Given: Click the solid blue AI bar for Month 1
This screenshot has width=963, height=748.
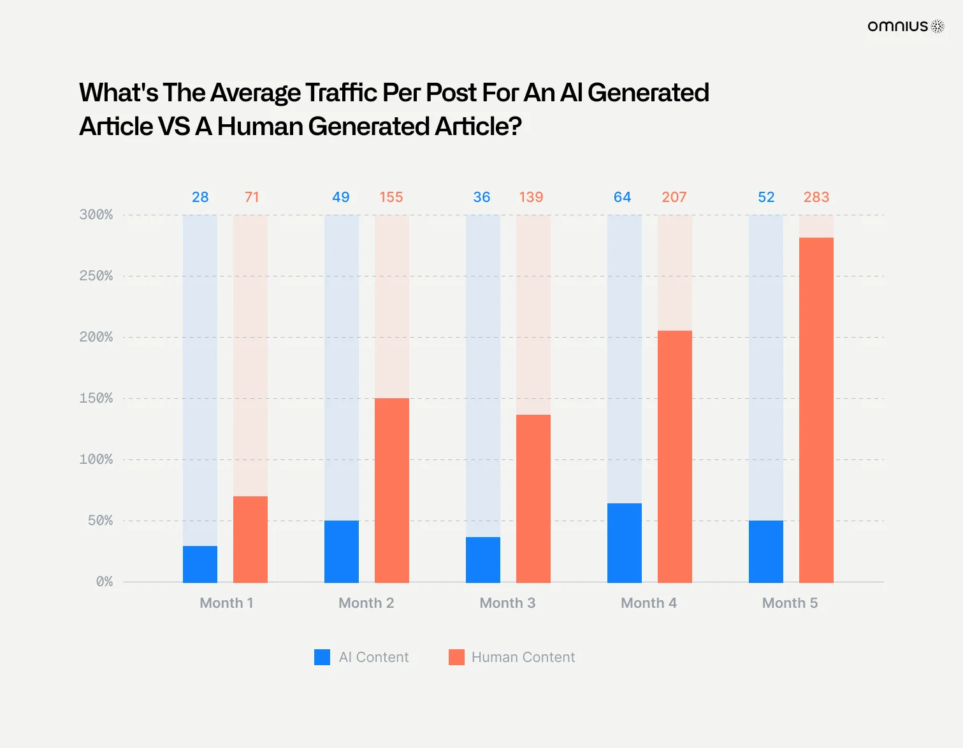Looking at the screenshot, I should [x=200, y=564].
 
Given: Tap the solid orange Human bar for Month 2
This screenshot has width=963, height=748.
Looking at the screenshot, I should [x=391, y=490].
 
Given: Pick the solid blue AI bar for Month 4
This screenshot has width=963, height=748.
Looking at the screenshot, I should [x=624, y=543].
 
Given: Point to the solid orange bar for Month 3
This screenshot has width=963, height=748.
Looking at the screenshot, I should [x=533, y=498].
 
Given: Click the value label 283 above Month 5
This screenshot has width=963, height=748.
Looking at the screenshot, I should [x=816, y=197].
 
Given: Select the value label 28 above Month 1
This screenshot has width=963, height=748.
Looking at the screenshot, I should [x=200, y=197].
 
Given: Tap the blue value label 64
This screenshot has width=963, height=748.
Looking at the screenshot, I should [x=622, y=197].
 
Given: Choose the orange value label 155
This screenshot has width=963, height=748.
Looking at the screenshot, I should [x=391, y=197].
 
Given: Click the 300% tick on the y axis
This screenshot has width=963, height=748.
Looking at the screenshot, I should [x=96, y=215].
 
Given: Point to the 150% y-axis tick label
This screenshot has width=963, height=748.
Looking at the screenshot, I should [x=96, y=398].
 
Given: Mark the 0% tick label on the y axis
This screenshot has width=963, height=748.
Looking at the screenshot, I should [x=105, y=582].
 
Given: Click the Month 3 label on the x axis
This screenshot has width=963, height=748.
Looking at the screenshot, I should [x=507, y=603].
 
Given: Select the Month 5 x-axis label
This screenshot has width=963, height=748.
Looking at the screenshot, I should [x=790, y=603].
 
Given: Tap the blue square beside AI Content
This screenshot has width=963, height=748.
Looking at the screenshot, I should [x=322, y=657].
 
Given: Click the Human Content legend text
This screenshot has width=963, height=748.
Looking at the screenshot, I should [x=523, y=657].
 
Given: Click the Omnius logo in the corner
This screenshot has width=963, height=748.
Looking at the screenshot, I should [x=906, y=26].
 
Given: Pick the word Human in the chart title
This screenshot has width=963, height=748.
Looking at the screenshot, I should [x=260, y=127].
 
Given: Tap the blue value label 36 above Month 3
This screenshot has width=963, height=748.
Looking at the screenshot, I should [x=481, y=197].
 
